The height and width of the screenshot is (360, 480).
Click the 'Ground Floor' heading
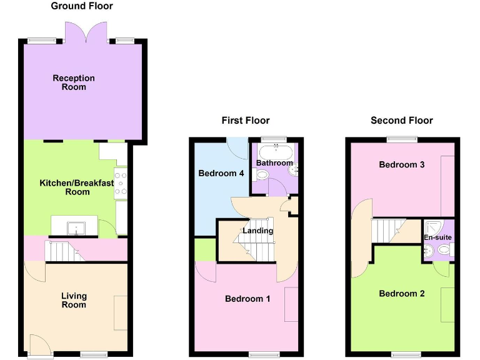(x=82, y=6)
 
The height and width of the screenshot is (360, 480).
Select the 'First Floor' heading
(x=246, y=120)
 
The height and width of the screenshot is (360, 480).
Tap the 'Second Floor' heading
(x=401, y=120)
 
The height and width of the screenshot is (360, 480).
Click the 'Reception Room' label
(x=74, y=82)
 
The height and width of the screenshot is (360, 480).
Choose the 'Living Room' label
(x=74, y=301)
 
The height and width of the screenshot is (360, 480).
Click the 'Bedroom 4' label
(x=221, y=173)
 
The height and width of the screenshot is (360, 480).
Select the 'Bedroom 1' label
(x=247, y=299)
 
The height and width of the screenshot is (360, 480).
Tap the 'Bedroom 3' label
(x=402, y=165)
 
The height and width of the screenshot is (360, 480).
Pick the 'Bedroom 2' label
(x=402, y=294)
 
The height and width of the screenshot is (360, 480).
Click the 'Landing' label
(x=258, y=231)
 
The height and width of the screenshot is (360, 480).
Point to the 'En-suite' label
(x=437, y=237)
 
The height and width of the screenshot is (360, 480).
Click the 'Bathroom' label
(x=274, y=163)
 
